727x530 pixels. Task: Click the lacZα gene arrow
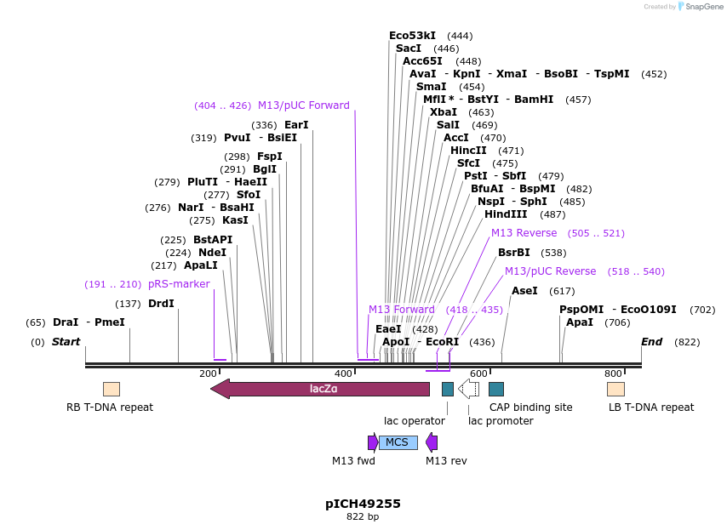pos(320,389)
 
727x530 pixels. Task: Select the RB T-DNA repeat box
pos(112,389)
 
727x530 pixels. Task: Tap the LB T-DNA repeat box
pos(615,389)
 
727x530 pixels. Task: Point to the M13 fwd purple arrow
pos(373,442)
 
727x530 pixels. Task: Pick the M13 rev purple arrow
pos(432,442)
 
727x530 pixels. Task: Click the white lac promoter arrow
pos(468,389)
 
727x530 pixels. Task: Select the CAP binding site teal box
pos(496,389)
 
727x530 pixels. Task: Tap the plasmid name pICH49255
pos(363,504)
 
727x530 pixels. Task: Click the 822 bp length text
pos(363,516)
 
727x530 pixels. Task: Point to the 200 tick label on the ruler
pos(208,373)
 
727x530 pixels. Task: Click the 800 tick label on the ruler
pos(613,373)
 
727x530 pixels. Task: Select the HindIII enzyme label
pos(506,214)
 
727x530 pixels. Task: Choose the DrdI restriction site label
pos(161,304)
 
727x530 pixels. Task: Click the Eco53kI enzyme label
pos(412,36)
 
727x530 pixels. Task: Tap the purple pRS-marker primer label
pos(179,284)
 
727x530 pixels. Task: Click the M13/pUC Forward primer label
pos(303,105)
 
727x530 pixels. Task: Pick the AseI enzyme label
pos(524,291)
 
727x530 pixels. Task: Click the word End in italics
pos(651,342)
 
